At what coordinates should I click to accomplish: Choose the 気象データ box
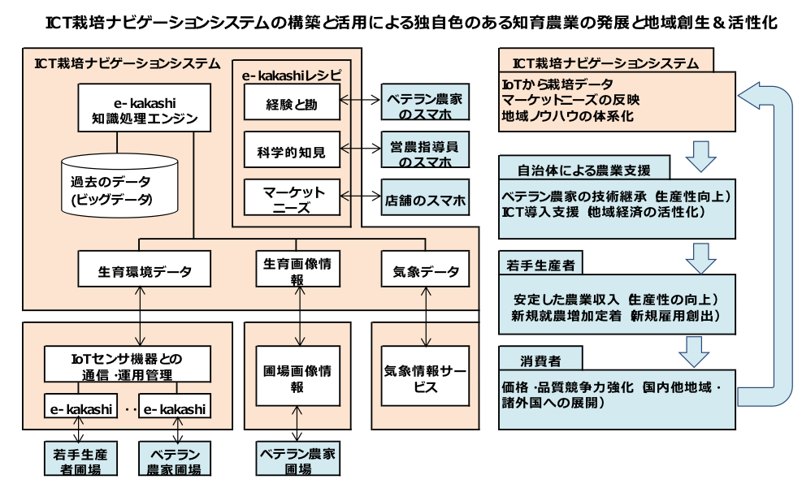click(x=425, y=270)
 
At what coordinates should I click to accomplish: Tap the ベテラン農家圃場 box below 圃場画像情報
click(x=297, y=460)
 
